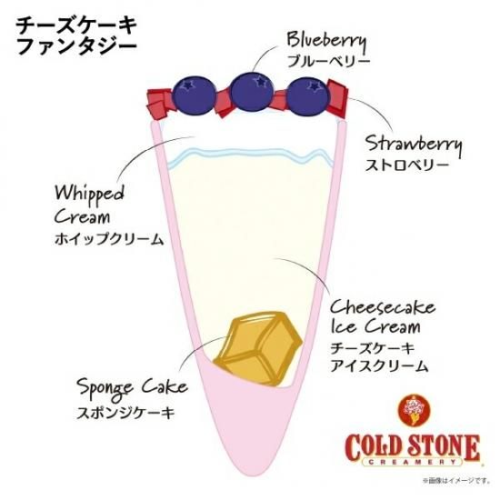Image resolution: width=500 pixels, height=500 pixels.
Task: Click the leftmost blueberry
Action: click(x=194, y=95)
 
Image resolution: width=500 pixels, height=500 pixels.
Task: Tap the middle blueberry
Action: click(x=252, y=93)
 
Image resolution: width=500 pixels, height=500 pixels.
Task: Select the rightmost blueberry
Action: click(x=307, y=95)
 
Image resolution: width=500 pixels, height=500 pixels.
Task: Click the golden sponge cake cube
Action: click(x=257, y=348)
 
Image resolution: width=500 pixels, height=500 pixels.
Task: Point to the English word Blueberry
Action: click(x=326, y=41)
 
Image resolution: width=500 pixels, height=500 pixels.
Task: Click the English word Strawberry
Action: click(x=414, y=145)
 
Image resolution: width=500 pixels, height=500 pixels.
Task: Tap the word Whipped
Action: click(x=89, y=195)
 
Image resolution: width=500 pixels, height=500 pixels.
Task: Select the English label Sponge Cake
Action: click(x=132, y=388)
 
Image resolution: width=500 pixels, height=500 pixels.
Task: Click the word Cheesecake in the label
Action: click(x=383, y=307)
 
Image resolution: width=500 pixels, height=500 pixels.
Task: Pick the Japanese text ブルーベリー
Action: click(x=328, y=61)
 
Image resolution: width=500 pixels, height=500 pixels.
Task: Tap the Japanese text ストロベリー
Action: click(x=407, y=165)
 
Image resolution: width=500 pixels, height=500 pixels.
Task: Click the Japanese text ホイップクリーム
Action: click(x=109, y=239)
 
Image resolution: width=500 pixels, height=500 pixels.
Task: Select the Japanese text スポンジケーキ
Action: click(x=126, y=413)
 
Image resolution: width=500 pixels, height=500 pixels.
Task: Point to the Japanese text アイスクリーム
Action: click(x=379, y=365)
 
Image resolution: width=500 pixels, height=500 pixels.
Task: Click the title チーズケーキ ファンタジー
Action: click(x=76, y=35)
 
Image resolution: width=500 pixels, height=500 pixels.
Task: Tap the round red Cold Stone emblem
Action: click(x=415, y=410)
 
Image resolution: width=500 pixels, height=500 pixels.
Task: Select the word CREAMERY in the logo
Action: click(x=413, y=462)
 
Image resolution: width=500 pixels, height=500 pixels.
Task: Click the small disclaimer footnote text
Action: click(x=456, y=480)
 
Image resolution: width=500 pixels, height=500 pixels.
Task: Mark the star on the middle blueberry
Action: click(x=262, y=82)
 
